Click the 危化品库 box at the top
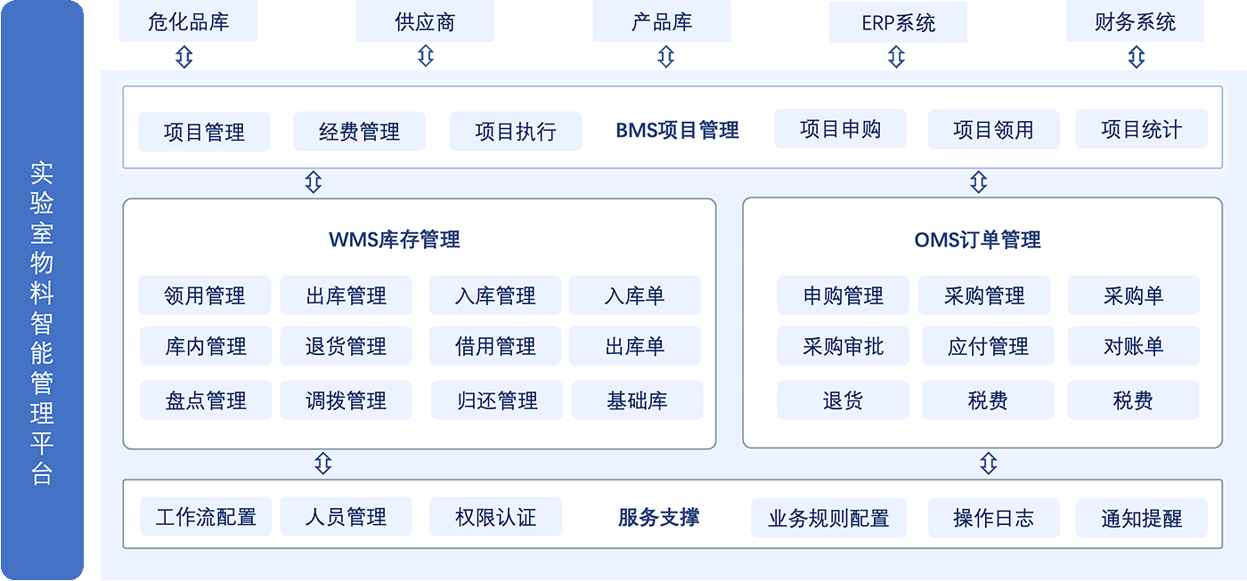tap(188, 21)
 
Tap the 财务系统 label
tap(1135, 21)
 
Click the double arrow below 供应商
tap(426, 57)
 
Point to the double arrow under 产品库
tap(665, 57)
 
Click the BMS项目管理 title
tap(677, 131)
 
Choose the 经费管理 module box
tap(359, 132)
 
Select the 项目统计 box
tap(1141, 130)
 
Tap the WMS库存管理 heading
tap(395, 239)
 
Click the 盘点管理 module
tap(205, 400)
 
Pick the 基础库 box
tap(637, 400)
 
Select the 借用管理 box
tap(495, 346)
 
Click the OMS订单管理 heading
tap(977, 239)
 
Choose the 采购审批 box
tap(843, 346)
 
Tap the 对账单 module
tap(1133, 346)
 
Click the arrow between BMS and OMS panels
tap(978, 182)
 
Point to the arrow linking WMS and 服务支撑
tap(323, 464)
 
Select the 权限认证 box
tap(495, 517)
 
